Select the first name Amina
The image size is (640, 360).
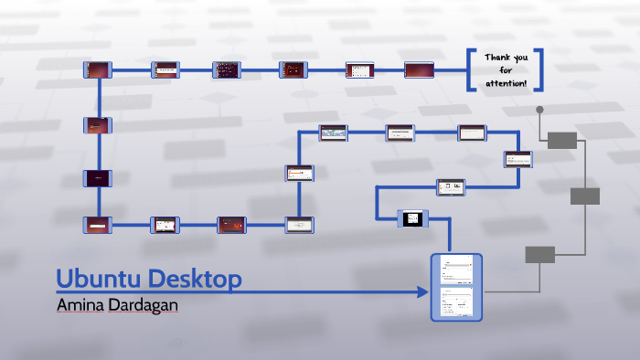[80, 304]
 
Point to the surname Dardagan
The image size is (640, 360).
[143, 304]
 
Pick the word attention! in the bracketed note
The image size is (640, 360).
[507, 83]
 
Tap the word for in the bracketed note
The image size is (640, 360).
[506, 70]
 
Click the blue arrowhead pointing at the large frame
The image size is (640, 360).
[422, 292]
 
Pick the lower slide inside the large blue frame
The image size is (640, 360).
[455, 302]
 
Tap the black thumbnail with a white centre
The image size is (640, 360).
[412, 218]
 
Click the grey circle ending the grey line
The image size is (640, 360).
[540, 111]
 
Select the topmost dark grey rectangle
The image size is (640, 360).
[562, 140]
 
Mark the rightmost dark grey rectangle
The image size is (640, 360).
[585, 196]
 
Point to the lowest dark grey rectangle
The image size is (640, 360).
[539, 255]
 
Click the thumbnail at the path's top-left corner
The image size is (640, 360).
[97, 69]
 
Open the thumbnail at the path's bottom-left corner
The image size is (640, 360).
[97, 223]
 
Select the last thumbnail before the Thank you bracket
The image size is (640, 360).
[418, 69]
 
